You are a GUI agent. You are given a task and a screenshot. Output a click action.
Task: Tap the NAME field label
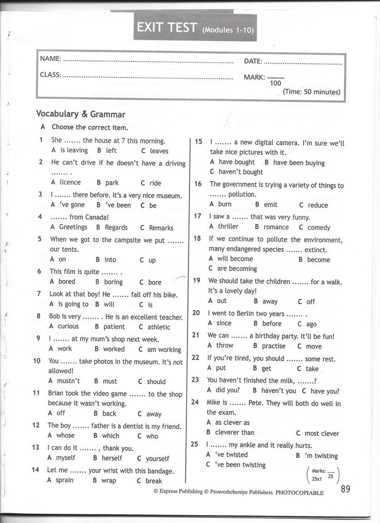(51, 58)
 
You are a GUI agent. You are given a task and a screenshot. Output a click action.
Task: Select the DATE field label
(253, 61)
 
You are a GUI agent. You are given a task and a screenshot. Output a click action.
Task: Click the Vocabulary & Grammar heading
(81, 114)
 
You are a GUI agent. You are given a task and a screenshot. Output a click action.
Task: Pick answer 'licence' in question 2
(70, 182)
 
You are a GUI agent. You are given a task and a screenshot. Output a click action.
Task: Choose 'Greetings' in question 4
(73, 227)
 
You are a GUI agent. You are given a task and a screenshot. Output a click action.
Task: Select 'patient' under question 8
(114, 327)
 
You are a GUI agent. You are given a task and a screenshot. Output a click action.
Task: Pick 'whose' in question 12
(66, 436)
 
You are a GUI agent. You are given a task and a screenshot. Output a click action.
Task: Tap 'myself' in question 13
(66, 458)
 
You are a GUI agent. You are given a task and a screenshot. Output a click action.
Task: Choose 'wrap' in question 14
(108, 480)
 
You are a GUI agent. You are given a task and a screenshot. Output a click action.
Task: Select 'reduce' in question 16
(318, 205)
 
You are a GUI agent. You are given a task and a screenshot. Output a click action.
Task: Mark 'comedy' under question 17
(319, 227)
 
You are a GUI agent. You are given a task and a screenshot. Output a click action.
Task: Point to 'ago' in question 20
(311, 324)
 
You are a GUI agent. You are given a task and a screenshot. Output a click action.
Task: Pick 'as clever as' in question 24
(232, 422)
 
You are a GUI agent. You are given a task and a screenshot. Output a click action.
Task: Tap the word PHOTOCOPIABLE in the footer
(300, 493)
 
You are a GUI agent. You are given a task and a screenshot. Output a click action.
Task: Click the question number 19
(196, 280)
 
